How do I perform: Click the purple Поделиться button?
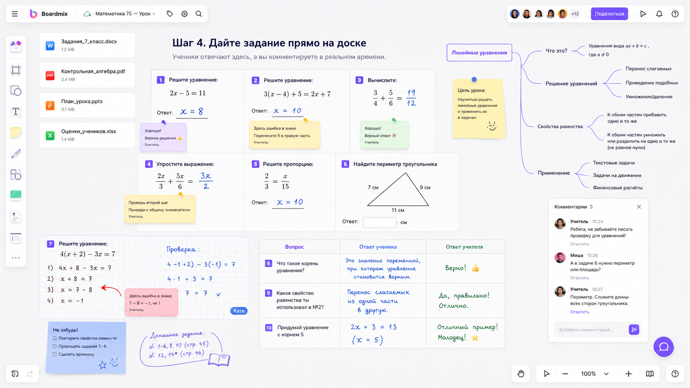[x=609, y=14]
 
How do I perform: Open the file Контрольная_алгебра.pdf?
[x=87, y=75]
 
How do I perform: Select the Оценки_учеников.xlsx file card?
[x=87, y=135]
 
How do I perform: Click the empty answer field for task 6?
[x=380, y=222]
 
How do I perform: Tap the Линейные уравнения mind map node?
[x=479, y=53]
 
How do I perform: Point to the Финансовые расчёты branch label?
[x=618, y=188]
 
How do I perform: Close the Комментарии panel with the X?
[x=639, y=207]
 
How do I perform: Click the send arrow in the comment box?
[x=634, y=329]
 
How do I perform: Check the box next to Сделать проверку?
[x=55, y=355]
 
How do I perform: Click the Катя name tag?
[x=239, y=311]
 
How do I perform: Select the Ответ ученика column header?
[x=378, y=247]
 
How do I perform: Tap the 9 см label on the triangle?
[x=425, y=187]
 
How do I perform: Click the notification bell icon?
[x=659, y=14]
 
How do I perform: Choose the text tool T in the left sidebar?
[x=16, y=111]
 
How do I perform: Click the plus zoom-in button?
[x=629, y=374]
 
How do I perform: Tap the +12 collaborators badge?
[x=575, y=14]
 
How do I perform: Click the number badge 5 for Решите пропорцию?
[x=255, y=164]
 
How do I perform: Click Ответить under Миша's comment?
[x=579, y=278]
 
